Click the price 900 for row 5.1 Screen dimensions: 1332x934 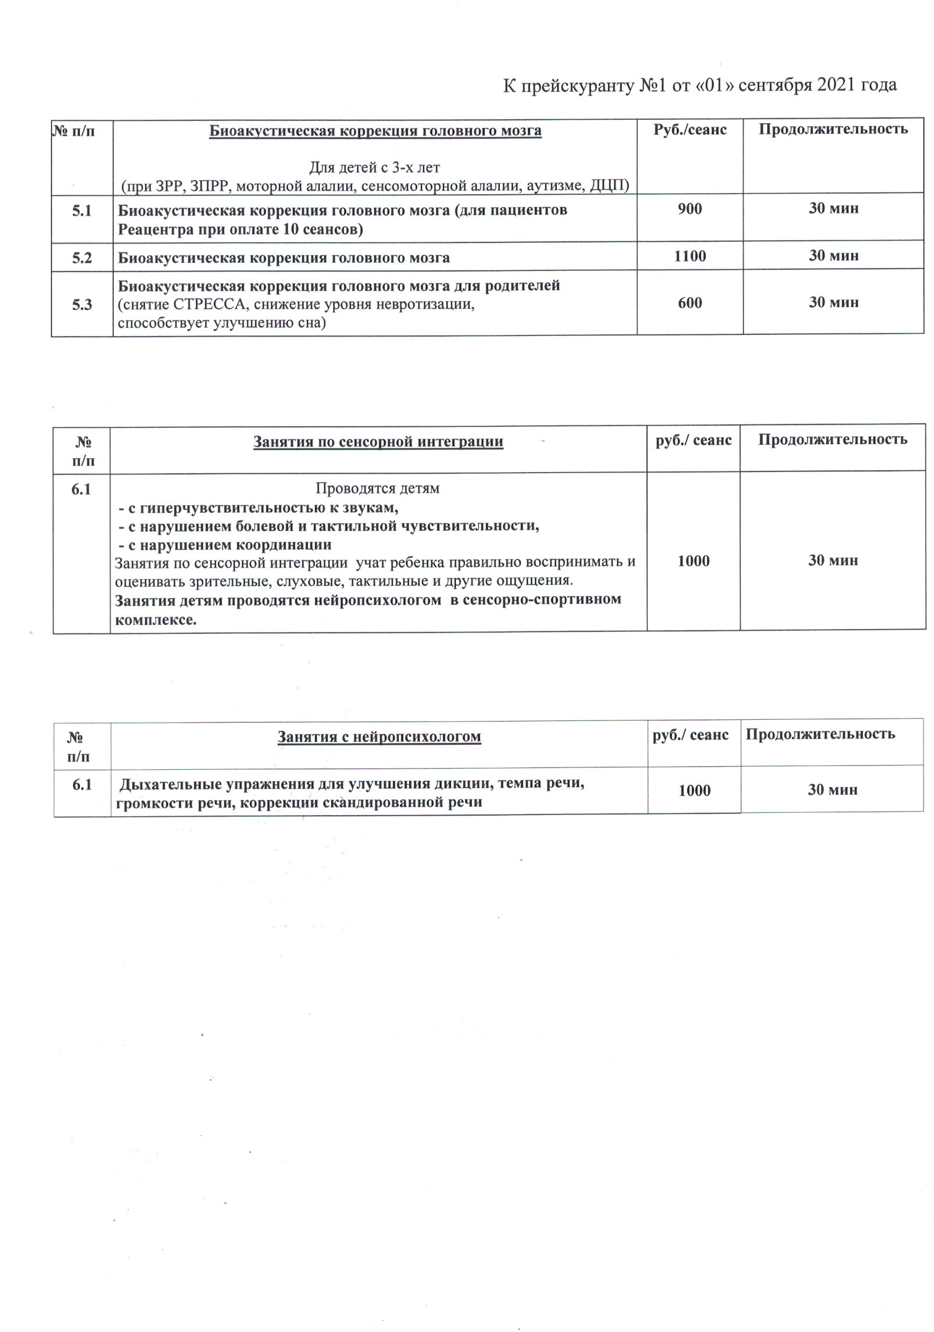(x=689, y=209)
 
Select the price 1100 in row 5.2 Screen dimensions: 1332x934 (x=689, y=256)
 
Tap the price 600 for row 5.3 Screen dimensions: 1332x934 (x=689, y=302)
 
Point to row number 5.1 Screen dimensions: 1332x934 (x=82, y=210)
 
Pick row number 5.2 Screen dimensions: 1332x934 (x=82, y=258)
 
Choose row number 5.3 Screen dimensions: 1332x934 (x=82, y=305)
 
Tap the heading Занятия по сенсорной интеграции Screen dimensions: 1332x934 (x=378, y=441)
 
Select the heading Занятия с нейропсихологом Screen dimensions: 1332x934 (x=379, y=737)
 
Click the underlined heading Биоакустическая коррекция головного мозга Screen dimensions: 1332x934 (x=375, y=131)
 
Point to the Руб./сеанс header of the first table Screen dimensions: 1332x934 (x=689, y=129)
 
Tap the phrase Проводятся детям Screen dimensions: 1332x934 (x=377, y=488)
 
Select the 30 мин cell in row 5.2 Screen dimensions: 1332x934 (x=833, y=255)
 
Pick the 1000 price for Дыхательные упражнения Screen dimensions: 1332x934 (x=694, y=790)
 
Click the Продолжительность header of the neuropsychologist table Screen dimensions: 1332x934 (x=820, y=734)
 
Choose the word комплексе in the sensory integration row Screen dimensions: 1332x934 (x=155, y=620)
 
